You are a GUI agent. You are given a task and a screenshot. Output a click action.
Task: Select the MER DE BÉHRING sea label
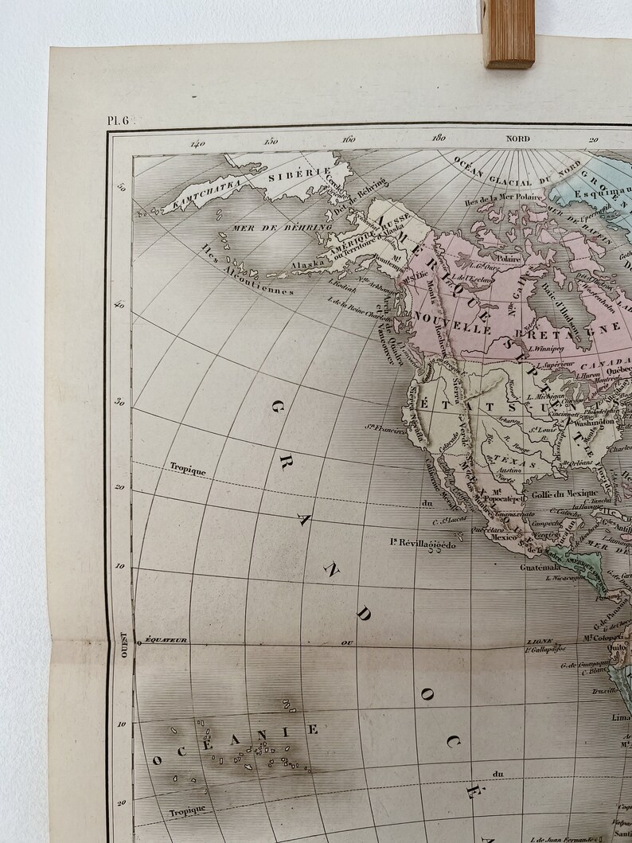270,228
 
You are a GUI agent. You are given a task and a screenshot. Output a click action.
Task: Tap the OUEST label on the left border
123,642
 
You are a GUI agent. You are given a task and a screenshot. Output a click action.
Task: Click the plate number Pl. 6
122,120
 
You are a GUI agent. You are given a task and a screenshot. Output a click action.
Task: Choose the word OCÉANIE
234,742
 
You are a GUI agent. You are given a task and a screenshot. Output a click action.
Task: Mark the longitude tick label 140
197,143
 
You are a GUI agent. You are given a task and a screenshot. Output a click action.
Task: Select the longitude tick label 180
437,139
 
